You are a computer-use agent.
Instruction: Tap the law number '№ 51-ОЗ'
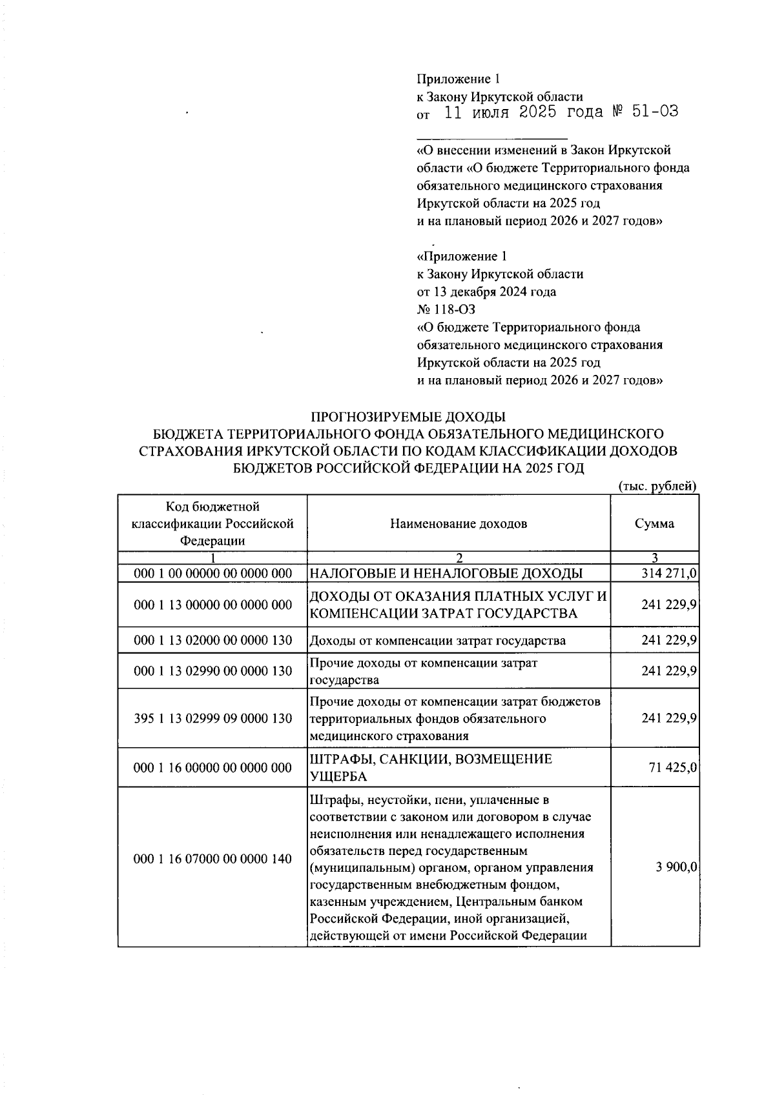click(x=645, y=112)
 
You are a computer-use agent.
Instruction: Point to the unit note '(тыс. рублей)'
click(x=657, y=487)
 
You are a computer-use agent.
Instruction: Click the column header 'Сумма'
click(x=654, y=523)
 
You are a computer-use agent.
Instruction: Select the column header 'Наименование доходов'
click(x=459, y=523)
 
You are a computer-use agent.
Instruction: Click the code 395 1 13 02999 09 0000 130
click(x=212, y=718)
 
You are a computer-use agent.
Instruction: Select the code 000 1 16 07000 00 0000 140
click(x=212, y=859)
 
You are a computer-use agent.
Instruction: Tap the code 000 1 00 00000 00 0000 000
click(x=212, y=573)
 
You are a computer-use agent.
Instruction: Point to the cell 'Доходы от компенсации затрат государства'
click(x=438, y=641)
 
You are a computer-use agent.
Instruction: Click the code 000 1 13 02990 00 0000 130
click(x=212, y=671)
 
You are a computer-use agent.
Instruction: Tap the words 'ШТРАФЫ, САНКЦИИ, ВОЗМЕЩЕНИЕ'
click(x=431, y=759)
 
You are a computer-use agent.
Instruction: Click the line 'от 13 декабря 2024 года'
click(x=486, y=292)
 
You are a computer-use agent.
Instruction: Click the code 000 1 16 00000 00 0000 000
click(x=212, y=768)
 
